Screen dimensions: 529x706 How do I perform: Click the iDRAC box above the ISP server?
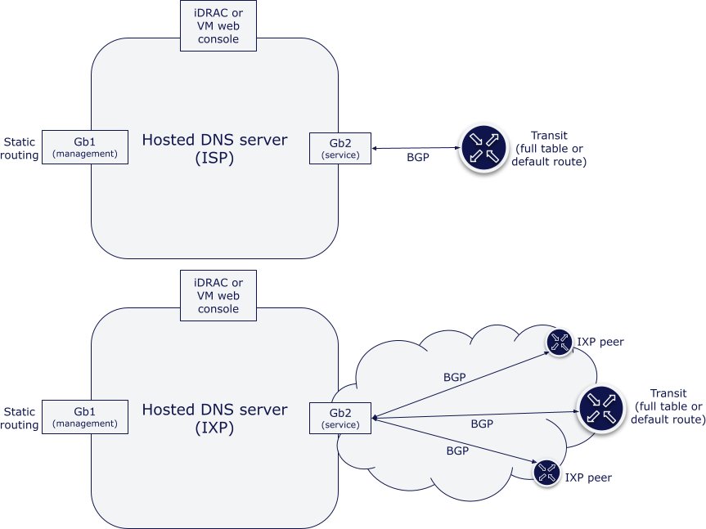pos(217,25)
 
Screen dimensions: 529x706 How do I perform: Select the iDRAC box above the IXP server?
pos(217,295)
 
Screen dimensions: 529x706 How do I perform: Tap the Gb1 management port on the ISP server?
pos(85,147)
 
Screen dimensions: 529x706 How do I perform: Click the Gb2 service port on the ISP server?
pos(340,148)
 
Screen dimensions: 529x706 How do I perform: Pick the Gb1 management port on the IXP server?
pos(85,417)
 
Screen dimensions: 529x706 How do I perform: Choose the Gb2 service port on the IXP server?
pos(340,418)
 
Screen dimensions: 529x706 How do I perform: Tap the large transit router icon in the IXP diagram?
pos(600,408)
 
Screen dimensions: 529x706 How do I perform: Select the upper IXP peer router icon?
pos(560,342)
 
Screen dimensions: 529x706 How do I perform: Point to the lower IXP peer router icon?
pos(546,472)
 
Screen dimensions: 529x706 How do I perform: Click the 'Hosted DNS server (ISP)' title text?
pos(215,149)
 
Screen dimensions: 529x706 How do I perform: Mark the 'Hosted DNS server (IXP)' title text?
pos(215,419)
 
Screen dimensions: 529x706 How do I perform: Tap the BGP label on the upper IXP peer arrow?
pos(455,378)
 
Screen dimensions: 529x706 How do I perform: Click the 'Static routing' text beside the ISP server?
pos(20,148)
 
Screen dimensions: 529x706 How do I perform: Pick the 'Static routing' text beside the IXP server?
pos(20,418)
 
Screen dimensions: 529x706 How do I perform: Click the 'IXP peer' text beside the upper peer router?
pos(600,342)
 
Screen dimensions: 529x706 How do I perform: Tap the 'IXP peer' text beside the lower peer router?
pos(587,477)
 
